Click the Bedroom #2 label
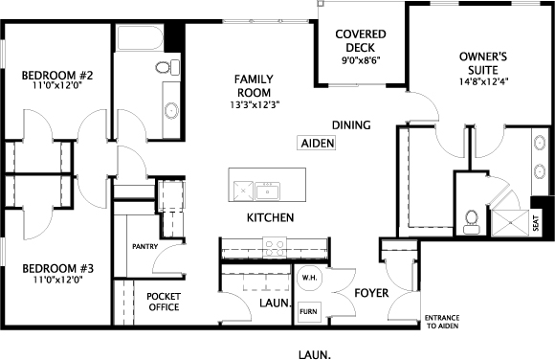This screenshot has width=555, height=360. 57,76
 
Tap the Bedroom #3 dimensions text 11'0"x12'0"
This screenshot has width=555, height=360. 58,280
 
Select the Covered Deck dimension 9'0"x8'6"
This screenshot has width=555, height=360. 361,60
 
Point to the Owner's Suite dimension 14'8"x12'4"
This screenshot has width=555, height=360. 483,81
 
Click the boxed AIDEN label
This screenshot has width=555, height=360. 318,144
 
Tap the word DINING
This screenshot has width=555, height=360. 351,125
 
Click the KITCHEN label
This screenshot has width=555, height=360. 270,217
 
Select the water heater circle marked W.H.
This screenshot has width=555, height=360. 309,278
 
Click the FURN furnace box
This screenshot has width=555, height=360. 309,312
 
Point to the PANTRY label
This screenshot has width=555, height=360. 144,246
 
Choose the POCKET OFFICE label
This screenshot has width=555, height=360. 164,302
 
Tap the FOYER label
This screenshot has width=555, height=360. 371,293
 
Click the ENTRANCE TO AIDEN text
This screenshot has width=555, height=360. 442,322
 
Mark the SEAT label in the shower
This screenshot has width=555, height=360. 536,223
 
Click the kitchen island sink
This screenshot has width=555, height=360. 268,191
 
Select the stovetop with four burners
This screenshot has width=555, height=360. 275,247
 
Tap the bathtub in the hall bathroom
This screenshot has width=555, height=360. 140,37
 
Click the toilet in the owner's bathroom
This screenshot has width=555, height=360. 472,221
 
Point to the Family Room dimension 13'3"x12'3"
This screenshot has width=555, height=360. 255,105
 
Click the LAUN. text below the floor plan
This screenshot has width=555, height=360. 315,354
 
